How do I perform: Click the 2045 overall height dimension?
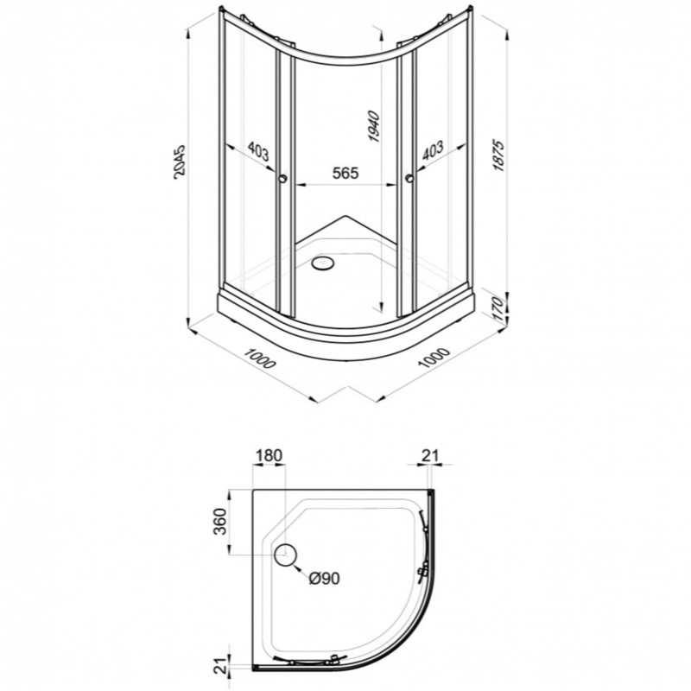click(x=181, y=162)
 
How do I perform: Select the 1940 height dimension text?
click(x=373, y=127)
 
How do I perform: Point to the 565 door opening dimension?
click(x=345, y=174)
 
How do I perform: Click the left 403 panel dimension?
click(x=257, y=151)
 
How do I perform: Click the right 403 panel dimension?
click(x=434, y=150)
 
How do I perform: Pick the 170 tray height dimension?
click(x=498, y=308)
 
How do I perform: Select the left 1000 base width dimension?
click(x=260, y=358)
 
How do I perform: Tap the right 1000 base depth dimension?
click(x=434, y=358)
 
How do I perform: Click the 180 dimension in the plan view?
click(x=269, y=455)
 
